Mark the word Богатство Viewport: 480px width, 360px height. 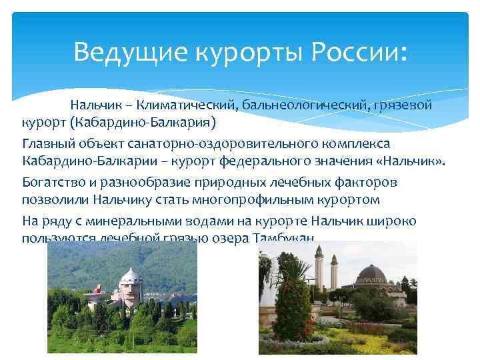pyautogui.click(x=52, y=181)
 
